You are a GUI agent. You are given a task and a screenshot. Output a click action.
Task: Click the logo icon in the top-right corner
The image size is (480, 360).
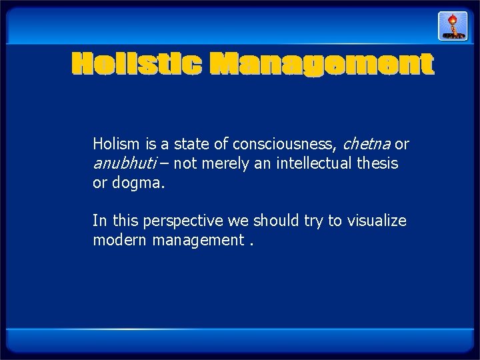(451, 26)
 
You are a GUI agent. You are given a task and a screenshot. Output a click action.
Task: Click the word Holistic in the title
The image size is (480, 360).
(137, 65)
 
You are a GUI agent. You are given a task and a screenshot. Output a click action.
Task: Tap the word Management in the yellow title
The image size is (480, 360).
(321, 65)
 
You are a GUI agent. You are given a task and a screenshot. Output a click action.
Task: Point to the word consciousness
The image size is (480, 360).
(289, 143)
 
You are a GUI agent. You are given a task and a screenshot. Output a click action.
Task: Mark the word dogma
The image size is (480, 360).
(142, 183)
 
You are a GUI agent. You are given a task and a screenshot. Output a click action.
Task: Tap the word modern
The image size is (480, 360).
(119, 240)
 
